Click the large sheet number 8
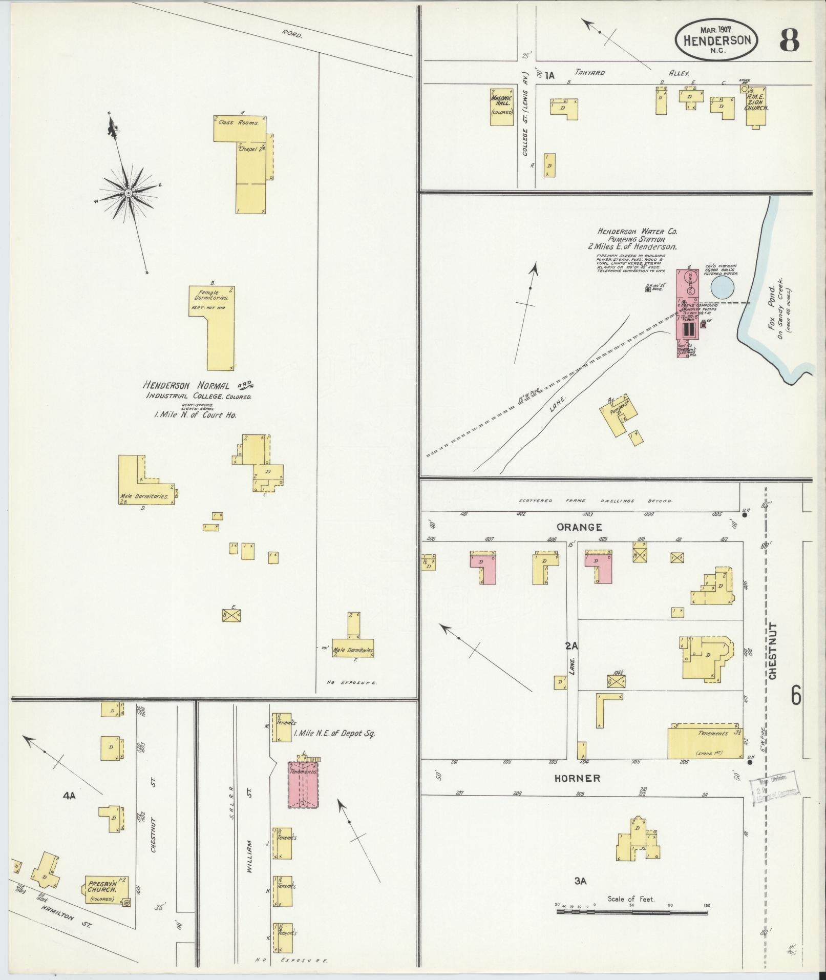point(790,40)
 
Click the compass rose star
point(128,193)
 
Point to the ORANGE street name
point(579,527)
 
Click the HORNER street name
point(577,779)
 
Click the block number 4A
point(69,796)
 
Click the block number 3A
point(580,881)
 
